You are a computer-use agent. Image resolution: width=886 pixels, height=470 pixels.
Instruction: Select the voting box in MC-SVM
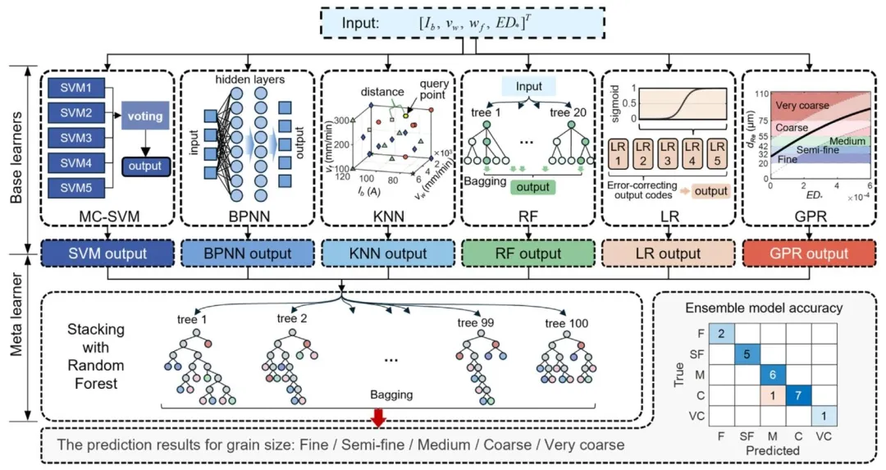[x=144, y=116]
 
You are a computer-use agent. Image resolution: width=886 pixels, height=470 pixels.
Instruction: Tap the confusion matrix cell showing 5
[x=747, y=354]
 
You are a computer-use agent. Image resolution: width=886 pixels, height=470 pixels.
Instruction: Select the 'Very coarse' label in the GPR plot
[x=802, y=105]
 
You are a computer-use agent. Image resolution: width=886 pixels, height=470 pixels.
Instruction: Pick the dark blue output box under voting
[x=144, y=167]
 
